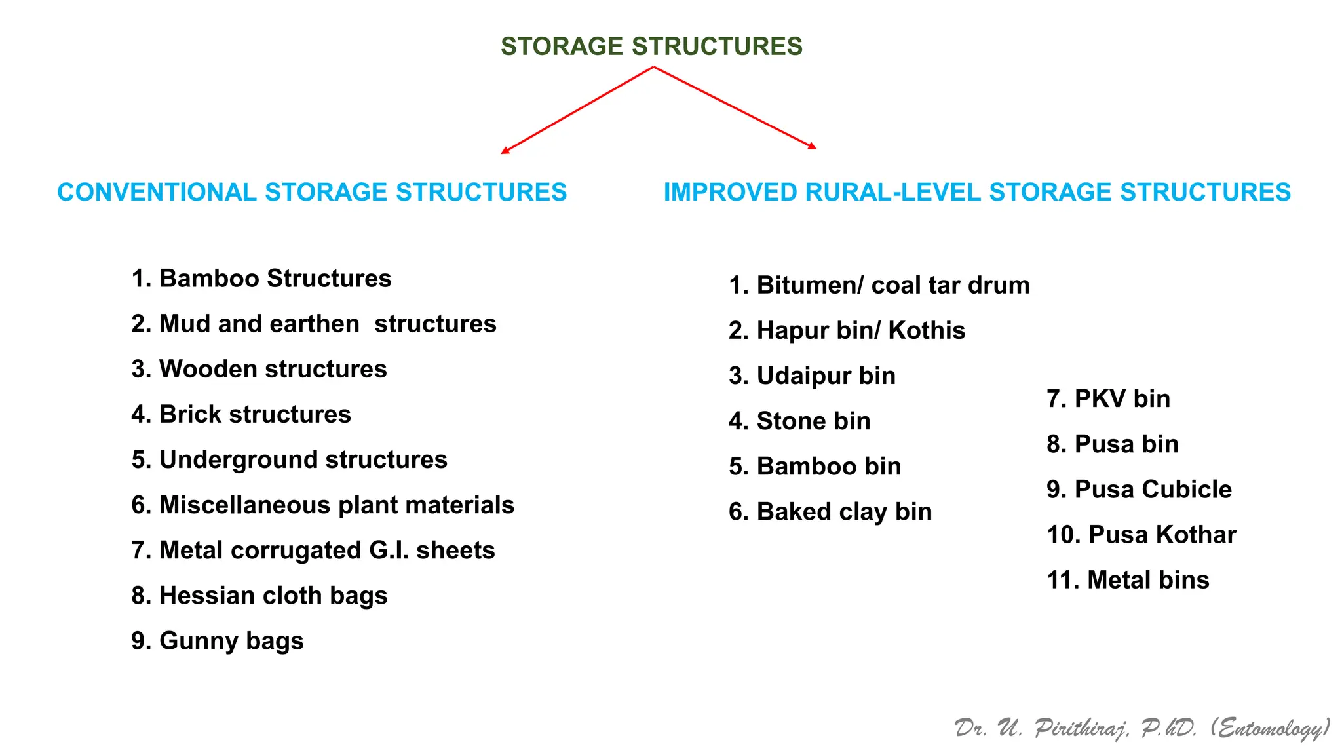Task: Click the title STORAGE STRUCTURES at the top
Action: (x=651, y=47)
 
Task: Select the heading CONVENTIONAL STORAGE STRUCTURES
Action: (x=312, y=192)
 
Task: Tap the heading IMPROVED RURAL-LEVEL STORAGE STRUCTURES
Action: (x=977, y=192)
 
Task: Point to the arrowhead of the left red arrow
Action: (x=505, y=151)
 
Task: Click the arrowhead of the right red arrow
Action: (x=813, y=146)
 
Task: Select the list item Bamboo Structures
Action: (x=261, y=279)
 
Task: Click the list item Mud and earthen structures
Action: (x=314, y=324)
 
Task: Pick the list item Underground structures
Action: (x=289, y=459)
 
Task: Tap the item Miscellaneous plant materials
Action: (x=322, y=505)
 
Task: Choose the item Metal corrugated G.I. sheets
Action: (x=313, y=550)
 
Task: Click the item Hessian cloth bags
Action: (x=259, y=595)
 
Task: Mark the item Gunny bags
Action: (x=218, y=640)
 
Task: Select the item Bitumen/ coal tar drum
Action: (x=879, y=285)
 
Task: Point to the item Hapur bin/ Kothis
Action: (x=847, y=330)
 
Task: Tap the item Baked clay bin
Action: (x=830, y=511)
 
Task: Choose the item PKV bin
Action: (x=1109, y=398)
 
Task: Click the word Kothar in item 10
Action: (x=1196, y=534)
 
